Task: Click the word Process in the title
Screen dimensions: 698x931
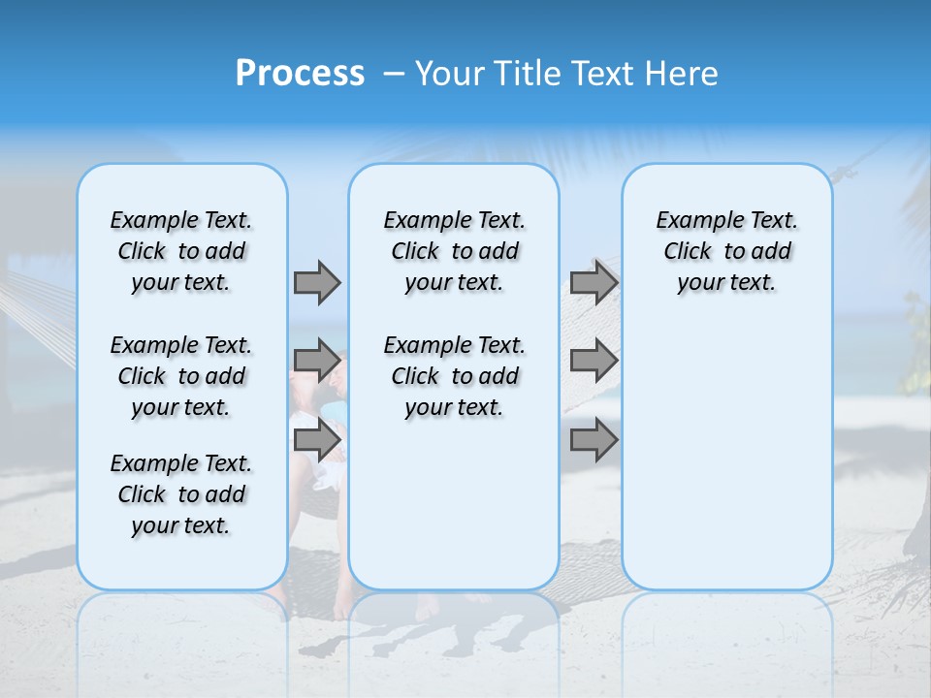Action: click(x=300, y=74)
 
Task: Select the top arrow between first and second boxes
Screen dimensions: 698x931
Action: click(x=317, y=282)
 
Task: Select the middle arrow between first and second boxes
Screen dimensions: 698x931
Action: click(x=317, y=361)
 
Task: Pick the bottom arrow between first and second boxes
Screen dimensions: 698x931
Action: click(x=317, y=441)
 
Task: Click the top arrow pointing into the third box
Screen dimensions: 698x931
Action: click(x=594, y=282)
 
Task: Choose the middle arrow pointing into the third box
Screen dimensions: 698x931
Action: click(x=594, y=361)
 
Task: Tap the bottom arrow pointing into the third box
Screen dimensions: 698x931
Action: click(x=594, y=441)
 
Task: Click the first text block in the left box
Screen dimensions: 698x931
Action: click(x=181, y=251)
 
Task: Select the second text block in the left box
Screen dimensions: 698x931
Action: click(x=181, y=376)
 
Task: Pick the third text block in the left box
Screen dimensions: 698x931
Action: click(x=181, y=494)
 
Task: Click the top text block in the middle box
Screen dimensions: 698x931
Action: click(x=454, y=251)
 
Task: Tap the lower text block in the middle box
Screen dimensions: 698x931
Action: click(x=454, y=376)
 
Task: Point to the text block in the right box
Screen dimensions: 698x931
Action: click(x=726, y=251)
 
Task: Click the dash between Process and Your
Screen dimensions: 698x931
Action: click(x=394, y=74)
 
